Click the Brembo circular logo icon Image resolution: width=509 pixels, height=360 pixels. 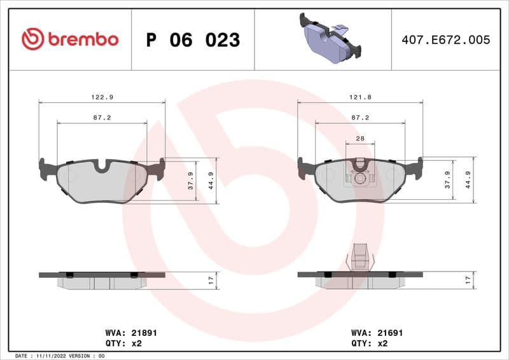click(32, 39)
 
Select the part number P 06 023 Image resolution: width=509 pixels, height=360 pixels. click(193, 40)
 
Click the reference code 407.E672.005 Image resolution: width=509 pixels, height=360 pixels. click(446, 39)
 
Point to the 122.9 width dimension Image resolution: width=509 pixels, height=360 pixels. click(102, 97)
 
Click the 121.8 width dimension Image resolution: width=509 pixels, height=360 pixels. click(360, 97)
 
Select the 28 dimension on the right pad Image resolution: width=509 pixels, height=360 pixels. click(360, 138)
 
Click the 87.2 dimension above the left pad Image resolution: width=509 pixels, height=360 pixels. click(102, 118)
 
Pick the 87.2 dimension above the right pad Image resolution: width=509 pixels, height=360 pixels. click(360, 118)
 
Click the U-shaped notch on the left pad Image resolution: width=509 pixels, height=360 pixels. click(102, 166)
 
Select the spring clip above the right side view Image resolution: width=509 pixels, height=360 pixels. click(360, 258)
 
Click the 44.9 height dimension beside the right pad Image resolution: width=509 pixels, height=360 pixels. click(468, 181)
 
